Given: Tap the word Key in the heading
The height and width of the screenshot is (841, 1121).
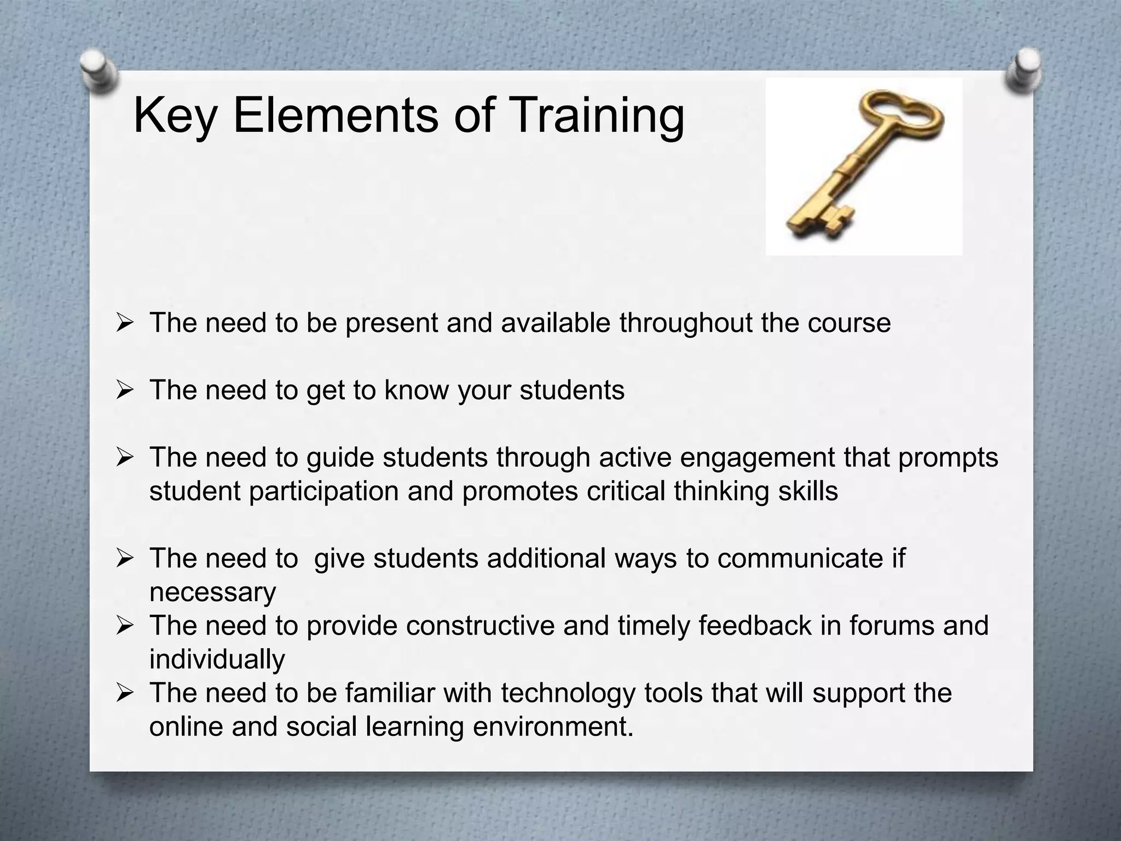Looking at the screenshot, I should coord(175,116).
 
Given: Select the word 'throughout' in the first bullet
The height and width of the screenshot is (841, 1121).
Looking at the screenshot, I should coord(686,323).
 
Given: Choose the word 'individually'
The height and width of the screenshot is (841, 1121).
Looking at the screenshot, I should coord(217,659).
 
